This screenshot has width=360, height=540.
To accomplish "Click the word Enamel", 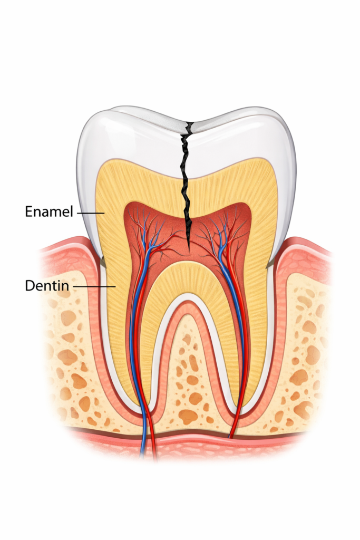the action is pos(49,211).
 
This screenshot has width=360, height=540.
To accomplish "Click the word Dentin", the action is pos(47,285).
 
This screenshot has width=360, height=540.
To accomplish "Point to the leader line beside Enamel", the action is pos(91,213).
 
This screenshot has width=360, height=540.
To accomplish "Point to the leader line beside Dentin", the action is pos(94,286).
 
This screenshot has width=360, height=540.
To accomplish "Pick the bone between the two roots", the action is pos(191,379).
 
